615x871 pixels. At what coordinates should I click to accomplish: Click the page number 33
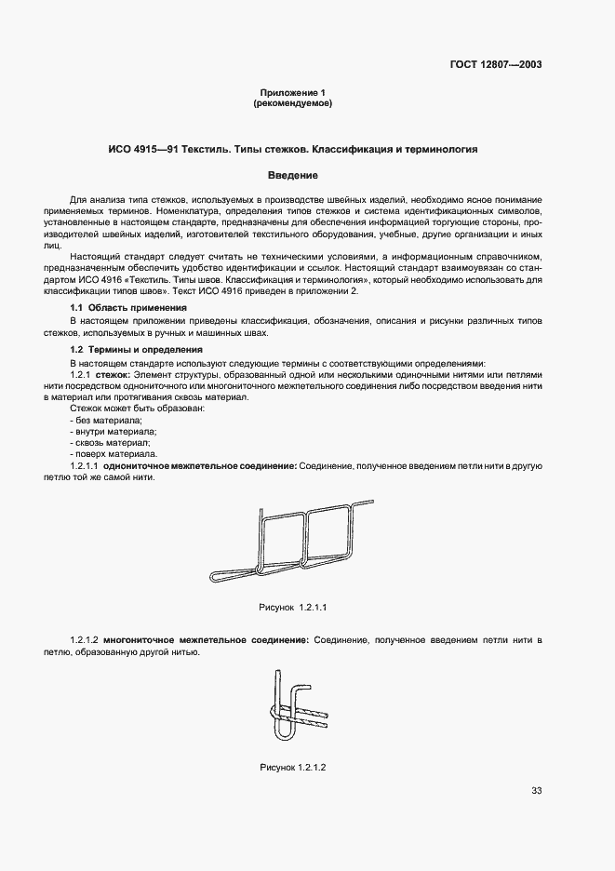pyautogui.click(x=536, y=791)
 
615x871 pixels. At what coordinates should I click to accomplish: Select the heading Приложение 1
pyautogui.click(x=293, y=93)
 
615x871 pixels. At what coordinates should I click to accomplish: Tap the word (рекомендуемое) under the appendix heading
pyautogui.click(x=293, y=103)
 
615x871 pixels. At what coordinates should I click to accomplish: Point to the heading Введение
pyautogui.click(x=293, y=175)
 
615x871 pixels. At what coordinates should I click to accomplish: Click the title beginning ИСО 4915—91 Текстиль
pyautogui.click(x=293, y=149)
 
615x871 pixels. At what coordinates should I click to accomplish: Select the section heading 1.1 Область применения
pyautogui.click(x=129, y=307)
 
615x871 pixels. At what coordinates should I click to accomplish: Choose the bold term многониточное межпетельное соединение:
pyautogui.click(x=206, y=640)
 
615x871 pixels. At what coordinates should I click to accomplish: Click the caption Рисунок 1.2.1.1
pyautogui.click(x=293, y=607)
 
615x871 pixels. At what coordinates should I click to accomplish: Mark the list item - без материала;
pyautogui.click(x=100, y=420)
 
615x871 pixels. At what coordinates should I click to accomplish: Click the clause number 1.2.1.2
pyautogui.click(x=84, y=640)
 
